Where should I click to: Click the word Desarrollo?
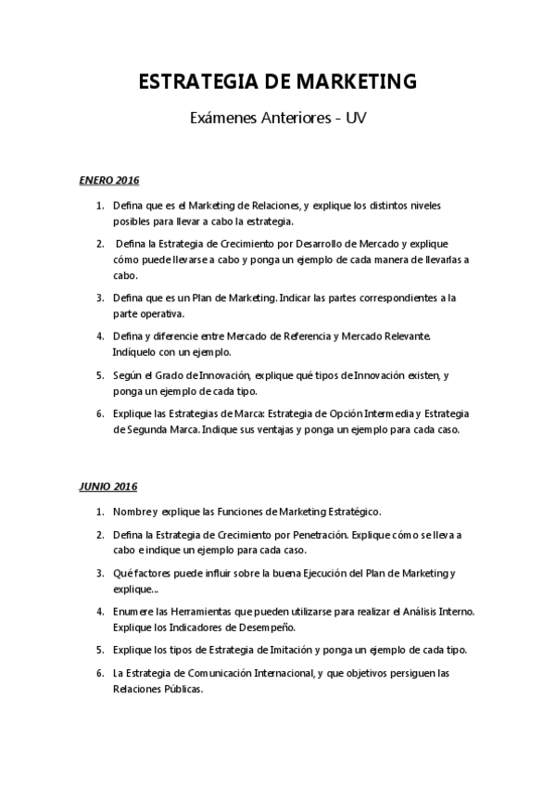[304, 243]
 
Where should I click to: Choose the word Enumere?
[134, 611]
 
